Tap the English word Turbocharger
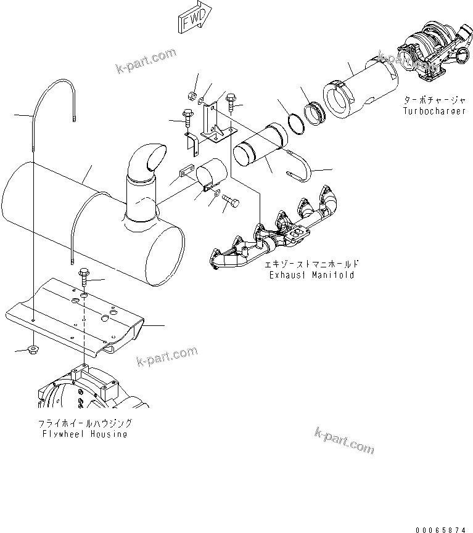[434, 112]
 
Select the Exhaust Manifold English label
[311, 275]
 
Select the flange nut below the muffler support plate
[31, 350]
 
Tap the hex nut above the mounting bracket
[191, 96]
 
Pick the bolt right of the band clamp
[232, 201]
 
